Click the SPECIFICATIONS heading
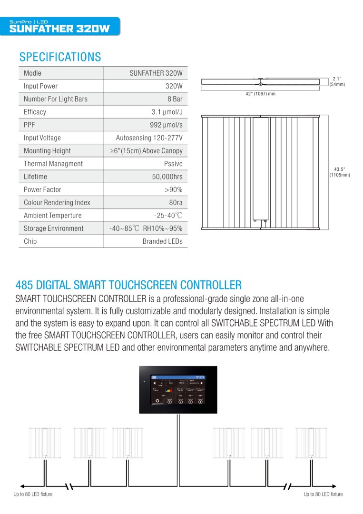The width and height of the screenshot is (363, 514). [60, 57]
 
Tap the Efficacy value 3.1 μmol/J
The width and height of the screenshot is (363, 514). [167, 112]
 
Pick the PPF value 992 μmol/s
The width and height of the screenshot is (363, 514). [166, 125]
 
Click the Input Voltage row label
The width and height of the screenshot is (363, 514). [42, 138]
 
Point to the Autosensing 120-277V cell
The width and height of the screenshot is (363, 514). [149, 138]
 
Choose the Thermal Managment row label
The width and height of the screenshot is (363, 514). [53, 163]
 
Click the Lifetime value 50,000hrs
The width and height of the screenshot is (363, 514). [167, 177]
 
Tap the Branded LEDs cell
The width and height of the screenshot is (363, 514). [162, 241]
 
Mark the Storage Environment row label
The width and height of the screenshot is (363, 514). [54, 228]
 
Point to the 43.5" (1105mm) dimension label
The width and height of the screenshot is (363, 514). [340, 172]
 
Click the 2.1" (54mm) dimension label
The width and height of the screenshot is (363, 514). [337, 81]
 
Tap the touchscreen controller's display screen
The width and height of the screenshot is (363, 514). [178, 389]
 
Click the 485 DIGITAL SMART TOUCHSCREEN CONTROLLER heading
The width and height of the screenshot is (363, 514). [128, 285]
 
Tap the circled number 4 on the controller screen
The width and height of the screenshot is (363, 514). [200, 401]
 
